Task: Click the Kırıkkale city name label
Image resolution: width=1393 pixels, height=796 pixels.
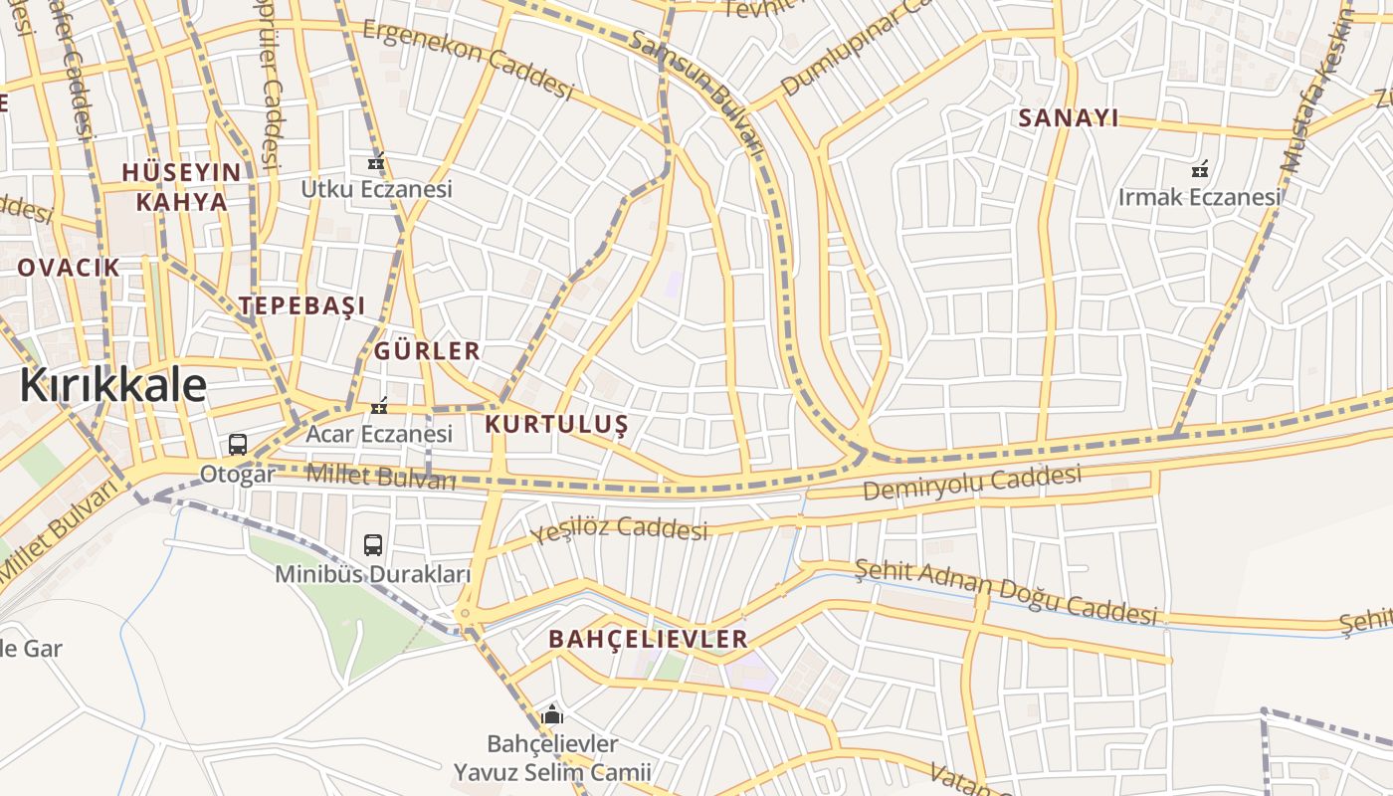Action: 112,386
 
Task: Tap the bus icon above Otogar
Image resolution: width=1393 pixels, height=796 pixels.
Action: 237,445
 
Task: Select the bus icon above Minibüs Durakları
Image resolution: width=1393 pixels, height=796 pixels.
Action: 373,545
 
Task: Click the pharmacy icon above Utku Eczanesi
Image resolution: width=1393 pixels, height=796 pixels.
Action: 376,161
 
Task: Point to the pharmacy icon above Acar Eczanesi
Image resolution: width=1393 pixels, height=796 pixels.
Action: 378,405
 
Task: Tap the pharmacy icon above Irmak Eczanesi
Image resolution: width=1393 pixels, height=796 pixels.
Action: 1200,169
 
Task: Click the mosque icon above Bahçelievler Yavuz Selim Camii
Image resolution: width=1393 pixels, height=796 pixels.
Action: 552,714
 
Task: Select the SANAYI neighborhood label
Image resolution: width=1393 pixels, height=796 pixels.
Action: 1069,118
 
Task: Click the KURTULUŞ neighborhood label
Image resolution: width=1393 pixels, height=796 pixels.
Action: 556,425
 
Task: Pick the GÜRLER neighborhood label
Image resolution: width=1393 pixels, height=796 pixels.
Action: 427,351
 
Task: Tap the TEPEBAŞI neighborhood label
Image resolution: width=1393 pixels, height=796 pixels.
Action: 301,306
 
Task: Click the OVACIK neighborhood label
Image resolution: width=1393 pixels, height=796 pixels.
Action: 69,268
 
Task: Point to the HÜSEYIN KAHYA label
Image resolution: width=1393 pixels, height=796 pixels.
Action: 181,187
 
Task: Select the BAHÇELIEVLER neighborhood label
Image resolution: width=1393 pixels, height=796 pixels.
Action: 648,640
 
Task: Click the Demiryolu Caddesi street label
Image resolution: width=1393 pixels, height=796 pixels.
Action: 971,484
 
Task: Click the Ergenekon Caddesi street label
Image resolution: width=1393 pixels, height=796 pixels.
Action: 468,60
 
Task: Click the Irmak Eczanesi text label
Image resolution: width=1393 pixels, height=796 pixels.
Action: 1199,197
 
